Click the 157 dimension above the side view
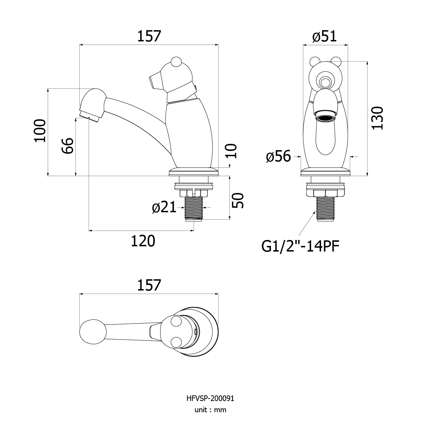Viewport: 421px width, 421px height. pos(149,36)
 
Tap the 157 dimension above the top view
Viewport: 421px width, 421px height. pos(149,285)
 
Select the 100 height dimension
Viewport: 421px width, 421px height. pos(40,131)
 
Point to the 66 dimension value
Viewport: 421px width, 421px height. pos(68,146)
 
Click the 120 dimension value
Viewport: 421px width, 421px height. pos(143,241)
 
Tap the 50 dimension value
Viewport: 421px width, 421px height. pos(238,200)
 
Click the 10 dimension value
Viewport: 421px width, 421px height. pos(231,151)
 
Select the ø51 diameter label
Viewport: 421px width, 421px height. pos(325,36)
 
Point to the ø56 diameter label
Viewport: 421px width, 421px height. pos(279,156)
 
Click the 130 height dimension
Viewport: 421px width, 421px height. pos(377,118)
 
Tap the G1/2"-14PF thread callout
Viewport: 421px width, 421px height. pos(300,247)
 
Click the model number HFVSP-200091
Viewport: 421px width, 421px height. pos(210,399)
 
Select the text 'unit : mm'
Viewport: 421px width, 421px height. pos(210,410)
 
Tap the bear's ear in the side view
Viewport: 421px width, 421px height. pos(176,61)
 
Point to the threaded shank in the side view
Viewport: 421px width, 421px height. pos(194,208)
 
